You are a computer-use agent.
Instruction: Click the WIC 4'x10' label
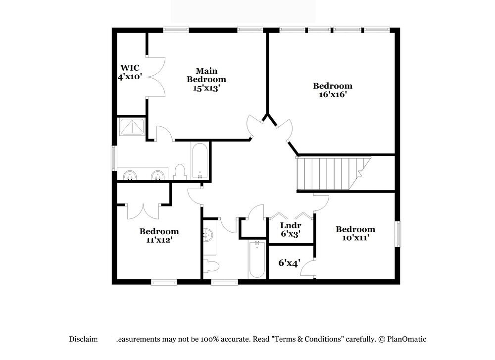pos(130,72)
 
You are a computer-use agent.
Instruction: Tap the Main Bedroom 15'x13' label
pos(206,79)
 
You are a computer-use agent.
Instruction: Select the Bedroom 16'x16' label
pos(333,90)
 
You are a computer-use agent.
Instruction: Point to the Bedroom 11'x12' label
pos(159,235)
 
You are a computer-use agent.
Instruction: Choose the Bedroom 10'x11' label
pos(355,233)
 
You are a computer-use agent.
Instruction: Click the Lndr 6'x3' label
pos(291,229)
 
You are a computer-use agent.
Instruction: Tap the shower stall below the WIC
pos(132,127)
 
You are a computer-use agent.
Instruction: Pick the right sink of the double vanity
pos(158,175)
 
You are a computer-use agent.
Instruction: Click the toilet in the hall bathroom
pos(211,266)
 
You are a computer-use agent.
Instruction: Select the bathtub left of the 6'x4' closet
pos(257,259)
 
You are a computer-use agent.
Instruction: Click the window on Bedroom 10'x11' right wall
pos(397,233)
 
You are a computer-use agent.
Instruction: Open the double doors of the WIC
pos(156,77)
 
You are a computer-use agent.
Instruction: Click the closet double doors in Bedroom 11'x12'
pos(143,210)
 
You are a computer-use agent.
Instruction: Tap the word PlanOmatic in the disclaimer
pos(406,339)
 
